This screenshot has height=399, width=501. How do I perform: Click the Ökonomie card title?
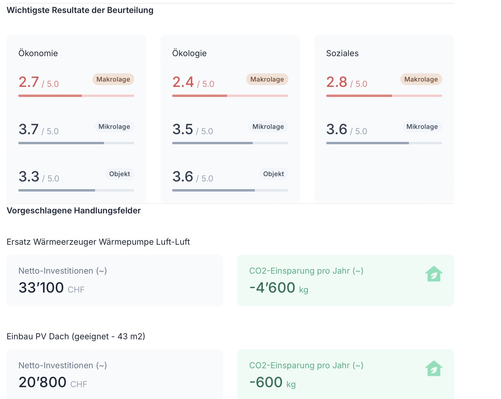pos(38,53)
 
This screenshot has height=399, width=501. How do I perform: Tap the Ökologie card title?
pos(189,53)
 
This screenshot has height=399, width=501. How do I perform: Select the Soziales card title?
pos(342,53)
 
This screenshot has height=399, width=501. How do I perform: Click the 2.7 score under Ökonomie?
pos(29,82)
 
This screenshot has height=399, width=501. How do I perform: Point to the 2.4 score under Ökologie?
pos(183,82)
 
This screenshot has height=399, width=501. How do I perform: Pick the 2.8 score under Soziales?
pos(337,82)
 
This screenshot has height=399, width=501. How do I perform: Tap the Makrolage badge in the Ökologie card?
pos(267,79)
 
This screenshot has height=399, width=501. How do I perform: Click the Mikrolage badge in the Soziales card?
pos(422,126)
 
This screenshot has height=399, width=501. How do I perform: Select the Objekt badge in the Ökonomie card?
pos(120,174)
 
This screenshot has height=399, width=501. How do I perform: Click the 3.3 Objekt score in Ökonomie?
pos(29,176)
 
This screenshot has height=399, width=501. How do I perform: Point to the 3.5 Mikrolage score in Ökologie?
pos(183,129)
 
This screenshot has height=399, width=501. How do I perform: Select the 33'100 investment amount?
pos(41,288)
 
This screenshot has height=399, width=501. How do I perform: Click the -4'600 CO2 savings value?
pos(272,288)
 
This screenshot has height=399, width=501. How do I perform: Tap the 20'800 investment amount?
pos(43,382)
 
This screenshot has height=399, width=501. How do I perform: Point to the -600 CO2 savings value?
pos(266,382)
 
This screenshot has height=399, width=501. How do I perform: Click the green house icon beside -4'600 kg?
pos(434,274)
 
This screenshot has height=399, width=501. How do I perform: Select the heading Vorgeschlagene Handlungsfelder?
pos(74,210)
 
